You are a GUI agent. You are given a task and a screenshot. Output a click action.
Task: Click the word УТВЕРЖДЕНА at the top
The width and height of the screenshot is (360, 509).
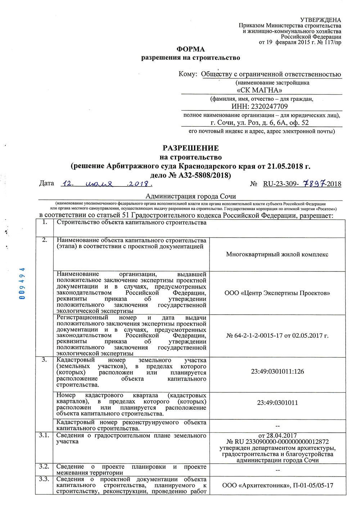[x=320, y=20]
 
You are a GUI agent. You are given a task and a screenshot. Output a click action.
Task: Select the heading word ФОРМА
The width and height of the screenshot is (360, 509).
[x=190, y=49]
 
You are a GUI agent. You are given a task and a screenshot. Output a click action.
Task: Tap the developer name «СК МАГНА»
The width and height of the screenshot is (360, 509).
[x=259, y=90]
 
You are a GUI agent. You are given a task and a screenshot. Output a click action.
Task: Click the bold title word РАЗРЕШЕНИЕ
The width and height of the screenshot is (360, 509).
[x=190, y=148]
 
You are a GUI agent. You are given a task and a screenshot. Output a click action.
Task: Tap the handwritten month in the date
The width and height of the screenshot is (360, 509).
[x=99, y=184]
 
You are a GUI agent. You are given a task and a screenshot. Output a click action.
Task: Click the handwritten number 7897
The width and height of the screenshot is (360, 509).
[x=314, y=184]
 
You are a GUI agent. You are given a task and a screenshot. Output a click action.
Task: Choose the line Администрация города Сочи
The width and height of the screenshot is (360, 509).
[x=190, y=197]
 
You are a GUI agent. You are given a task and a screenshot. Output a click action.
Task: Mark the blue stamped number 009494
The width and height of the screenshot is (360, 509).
[x=22, y=284]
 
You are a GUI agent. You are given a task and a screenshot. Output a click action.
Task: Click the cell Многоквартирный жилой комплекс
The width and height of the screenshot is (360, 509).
[x=277, y=254]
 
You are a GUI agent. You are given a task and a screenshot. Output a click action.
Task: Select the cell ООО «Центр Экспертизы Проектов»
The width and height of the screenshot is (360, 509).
[x=277, y=293]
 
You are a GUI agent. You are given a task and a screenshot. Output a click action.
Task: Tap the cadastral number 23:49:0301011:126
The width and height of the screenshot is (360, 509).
[x=277, y=371]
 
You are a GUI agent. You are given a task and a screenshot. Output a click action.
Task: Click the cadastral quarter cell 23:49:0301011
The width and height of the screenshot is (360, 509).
[x=277, y=403]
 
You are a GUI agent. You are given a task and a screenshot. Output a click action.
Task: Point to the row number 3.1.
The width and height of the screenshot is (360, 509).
[x=44, y=436]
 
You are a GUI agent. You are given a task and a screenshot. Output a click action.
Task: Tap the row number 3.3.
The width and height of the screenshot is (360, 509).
[x=44, y=479]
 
